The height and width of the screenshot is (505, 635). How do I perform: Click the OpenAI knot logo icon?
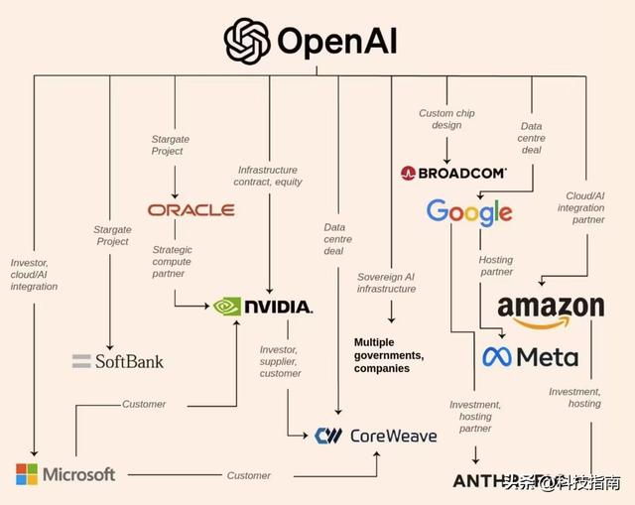click(247, 40)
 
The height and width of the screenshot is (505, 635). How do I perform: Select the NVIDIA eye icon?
click(228, 307)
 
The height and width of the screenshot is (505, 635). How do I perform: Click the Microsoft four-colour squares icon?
click(27, 474)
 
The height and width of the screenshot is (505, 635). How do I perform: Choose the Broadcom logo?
click(453, 173)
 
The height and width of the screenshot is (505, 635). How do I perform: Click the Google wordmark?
click(469, 212)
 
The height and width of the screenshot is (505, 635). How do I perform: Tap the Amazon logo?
click(551, 311)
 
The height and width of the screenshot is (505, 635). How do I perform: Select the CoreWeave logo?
click(375, 435)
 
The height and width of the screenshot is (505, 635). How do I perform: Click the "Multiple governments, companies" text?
click(389, 355)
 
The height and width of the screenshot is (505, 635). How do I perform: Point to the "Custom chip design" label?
click(446, 120)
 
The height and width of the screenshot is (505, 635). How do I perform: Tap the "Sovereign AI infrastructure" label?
click(387, 282)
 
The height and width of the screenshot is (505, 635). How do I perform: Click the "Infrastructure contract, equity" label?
click(268, 176)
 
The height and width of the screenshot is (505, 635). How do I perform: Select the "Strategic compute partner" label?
click(172, 262)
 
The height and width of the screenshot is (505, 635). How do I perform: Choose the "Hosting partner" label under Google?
click(497, 265)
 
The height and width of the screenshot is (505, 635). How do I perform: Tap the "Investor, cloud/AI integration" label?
click(34, 275)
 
